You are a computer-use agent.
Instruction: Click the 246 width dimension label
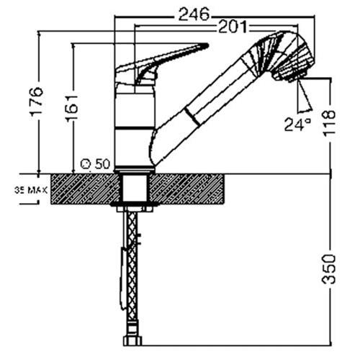[194, 14]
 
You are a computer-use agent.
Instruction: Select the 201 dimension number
[233, 27]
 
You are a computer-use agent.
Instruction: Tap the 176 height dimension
[37, 102]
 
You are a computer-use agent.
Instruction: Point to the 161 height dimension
[71, 108]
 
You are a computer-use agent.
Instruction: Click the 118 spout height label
[328, 123]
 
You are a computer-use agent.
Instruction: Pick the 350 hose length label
[328, 269]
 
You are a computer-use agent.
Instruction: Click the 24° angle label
[297, 125]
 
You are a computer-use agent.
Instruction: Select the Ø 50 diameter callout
[96, 164]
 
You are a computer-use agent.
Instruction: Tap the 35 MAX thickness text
[30, 191]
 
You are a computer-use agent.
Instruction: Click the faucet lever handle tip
[206, 45]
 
